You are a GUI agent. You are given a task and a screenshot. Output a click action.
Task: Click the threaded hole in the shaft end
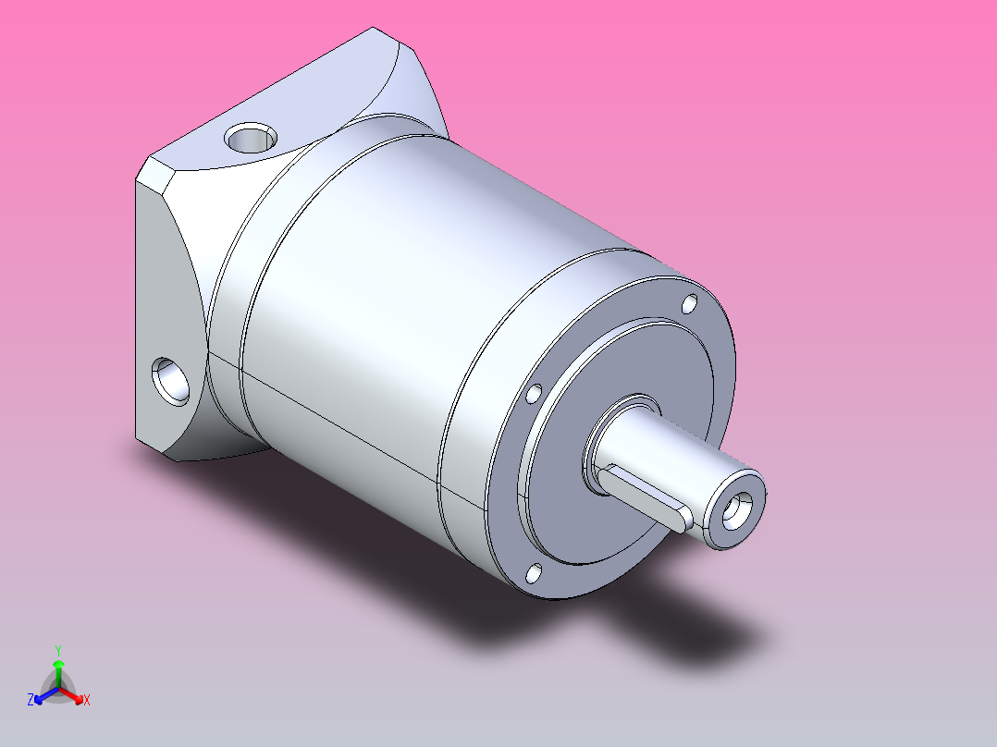pyautogui.click(x=737, y=510)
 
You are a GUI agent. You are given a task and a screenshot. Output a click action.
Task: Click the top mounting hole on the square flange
pyautogui.click(x=251, y=138)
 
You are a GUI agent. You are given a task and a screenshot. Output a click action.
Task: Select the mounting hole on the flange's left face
pyautogui.click(x=170, y=381)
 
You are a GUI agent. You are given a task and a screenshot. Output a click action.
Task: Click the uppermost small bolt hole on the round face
pyautogui.click(x=689, y=304)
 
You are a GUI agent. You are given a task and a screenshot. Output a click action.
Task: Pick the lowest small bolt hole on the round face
pyautogui.click(x=535, y=573)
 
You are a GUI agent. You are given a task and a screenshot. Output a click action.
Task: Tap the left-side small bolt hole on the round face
pyautogui.click(x=534, y=394)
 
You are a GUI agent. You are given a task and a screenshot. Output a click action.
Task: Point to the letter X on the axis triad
pyautogui.click(x=87, y=700)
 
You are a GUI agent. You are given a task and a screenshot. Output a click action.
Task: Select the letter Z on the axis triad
pyautogui.click(x=30, y=700)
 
